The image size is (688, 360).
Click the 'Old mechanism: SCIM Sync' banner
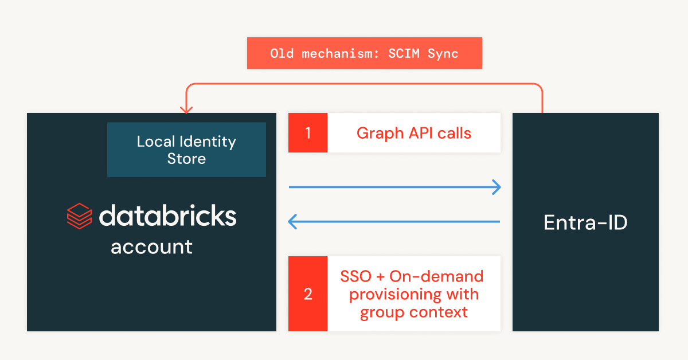364,53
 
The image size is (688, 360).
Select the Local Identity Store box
186,150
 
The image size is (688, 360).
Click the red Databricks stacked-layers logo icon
79,216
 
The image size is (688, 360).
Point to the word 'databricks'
167,216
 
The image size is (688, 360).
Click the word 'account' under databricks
151,247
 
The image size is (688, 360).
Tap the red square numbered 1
308,133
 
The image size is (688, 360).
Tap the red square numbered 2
308,294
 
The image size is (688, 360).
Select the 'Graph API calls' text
413,133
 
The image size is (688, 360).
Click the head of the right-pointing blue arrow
497,187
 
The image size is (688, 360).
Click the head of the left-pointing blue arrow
293,221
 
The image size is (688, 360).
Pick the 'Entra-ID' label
585,222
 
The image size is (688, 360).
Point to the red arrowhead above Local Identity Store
186,108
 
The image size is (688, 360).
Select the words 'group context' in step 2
413,312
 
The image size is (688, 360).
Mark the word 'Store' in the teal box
186,159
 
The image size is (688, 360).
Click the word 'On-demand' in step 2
436,276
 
